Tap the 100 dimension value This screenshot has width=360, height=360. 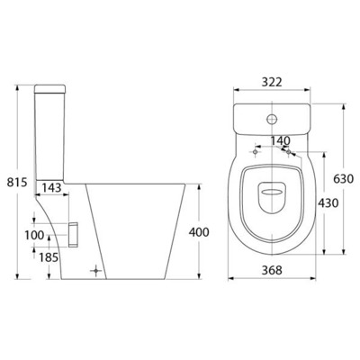tap(35, 235)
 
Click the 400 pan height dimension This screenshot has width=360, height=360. tap(199, 232)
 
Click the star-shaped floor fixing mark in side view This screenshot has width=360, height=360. tap(98, 268)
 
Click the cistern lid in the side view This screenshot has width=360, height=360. tap(55, 87)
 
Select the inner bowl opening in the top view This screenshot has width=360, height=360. tap(271, 189)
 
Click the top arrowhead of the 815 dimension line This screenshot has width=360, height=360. tap(21, 87)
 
